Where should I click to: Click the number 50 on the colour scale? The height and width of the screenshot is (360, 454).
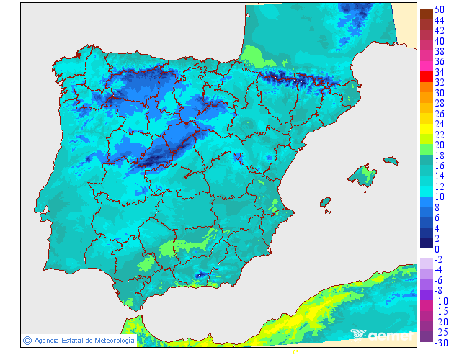[x=439, y=9]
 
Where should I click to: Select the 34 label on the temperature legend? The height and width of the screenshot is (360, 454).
[x=439, y=72]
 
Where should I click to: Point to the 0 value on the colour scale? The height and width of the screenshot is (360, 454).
[x=437, y=248]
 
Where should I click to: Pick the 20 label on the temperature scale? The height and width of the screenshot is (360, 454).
[x=439, y=145]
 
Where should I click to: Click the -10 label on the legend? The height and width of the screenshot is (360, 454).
[x=440, y=301]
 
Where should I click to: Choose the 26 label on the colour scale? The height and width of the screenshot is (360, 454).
[x=439, y=114]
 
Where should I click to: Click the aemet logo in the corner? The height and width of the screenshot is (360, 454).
[x=383, y=335]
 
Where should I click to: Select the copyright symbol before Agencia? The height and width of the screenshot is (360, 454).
[x=27, y=340]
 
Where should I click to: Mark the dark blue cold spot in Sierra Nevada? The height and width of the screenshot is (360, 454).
[x=200, y=275]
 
